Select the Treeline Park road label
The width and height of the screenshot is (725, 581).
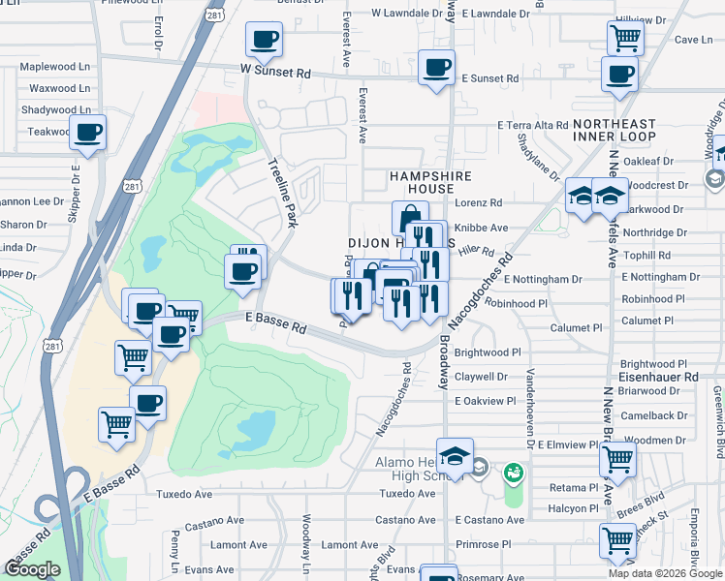click(282, 193)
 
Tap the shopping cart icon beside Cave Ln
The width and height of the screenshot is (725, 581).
click(625, 39)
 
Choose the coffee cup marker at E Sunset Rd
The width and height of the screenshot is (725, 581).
click(436, 68)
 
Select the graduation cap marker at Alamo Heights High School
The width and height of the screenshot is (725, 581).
click(454, 454)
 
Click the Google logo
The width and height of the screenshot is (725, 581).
click(32, 569)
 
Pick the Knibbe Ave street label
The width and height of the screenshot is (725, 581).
click(484, 228)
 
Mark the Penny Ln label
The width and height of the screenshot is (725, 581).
click(175, 549)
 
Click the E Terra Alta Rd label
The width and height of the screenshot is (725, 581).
click(532, 126)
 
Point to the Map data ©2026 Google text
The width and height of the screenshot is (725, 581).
click(665, 573)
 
